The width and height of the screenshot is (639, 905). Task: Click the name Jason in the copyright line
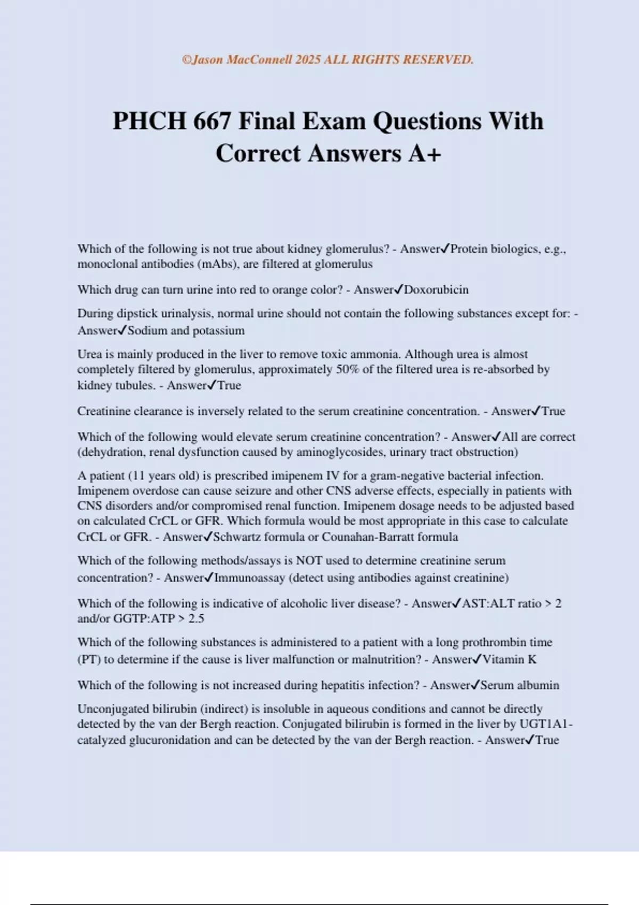(208, 60)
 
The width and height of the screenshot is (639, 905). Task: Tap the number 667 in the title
(212, 121)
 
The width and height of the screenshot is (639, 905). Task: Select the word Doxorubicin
(436, 290)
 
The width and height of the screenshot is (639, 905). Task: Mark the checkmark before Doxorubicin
(398, 290)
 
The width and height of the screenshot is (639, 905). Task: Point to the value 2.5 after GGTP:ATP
(196, 618)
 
